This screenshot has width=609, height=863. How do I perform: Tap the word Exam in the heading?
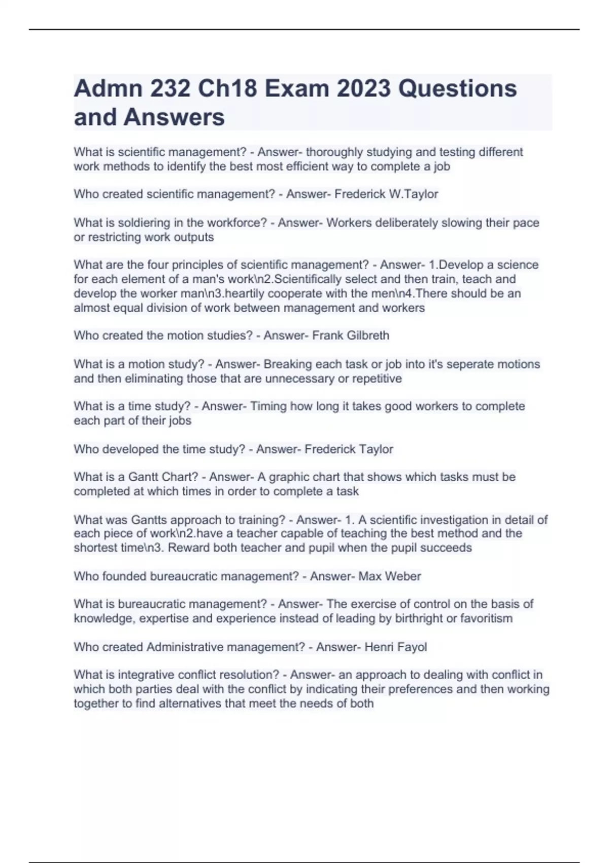coord(298,89)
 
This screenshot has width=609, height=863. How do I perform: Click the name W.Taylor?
coord(413,194)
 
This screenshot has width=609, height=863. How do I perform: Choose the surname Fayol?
coord(412,647)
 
